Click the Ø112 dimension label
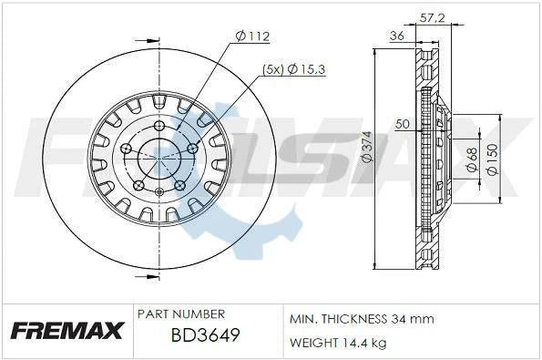point(253,36)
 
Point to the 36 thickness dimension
point(396,36)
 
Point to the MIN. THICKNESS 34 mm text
point(362,319)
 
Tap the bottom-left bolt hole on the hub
point(138,185)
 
